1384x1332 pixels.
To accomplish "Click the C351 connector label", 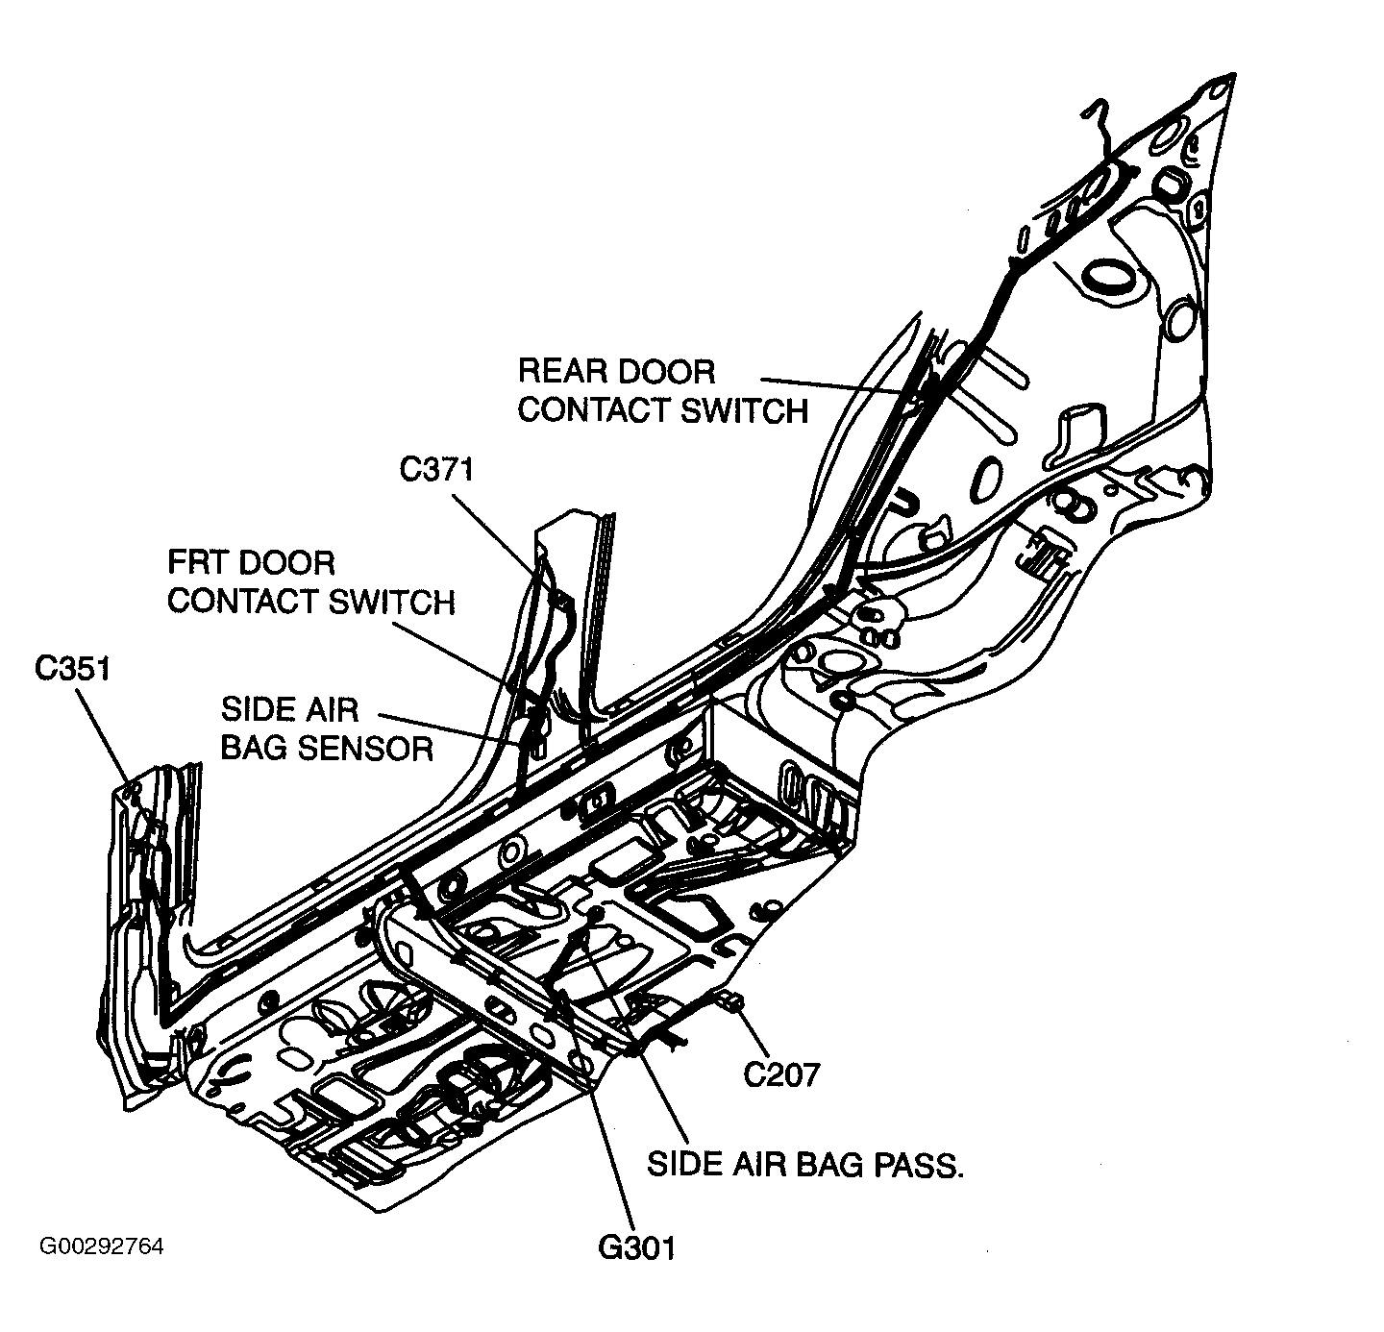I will [73, 668].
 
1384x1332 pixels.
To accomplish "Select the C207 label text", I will [781, 1073].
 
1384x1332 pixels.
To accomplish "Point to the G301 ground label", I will [636, 1247].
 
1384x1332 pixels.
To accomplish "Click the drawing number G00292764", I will [101, 1247].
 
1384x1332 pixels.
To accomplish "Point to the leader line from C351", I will [102, 736].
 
